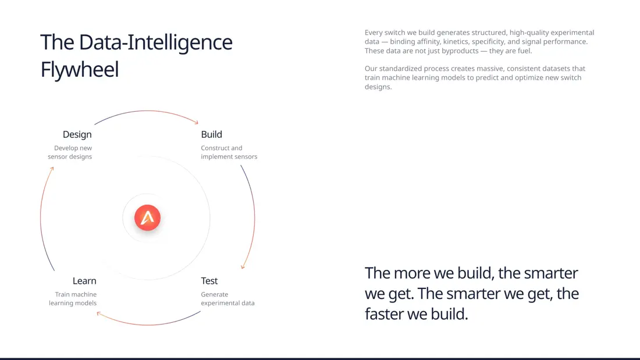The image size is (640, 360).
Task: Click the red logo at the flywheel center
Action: (147, 218)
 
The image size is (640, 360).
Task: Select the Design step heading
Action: (77, 135)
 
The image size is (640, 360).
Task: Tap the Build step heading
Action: (211, 134)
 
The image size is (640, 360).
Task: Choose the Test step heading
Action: (209, 281)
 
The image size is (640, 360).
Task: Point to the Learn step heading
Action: (84, 281)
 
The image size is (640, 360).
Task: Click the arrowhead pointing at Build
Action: (196, 122)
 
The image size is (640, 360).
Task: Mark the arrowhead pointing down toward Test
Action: (243, 267)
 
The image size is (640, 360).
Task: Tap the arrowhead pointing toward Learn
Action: (99, 313)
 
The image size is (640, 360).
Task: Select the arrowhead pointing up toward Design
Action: (52, 169)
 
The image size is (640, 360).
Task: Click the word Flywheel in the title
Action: (80, 69)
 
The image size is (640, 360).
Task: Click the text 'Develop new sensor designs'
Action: (70, 152)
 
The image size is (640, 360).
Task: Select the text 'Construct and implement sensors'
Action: (229, 152)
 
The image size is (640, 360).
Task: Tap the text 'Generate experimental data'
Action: (227, 299)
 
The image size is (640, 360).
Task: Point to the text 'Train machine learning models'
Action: (73, 299)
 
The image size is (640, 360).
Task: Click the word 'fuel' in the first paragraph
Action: (524, 51)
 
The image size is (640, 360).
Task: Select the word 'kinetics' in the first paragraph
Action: (456, 42)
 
